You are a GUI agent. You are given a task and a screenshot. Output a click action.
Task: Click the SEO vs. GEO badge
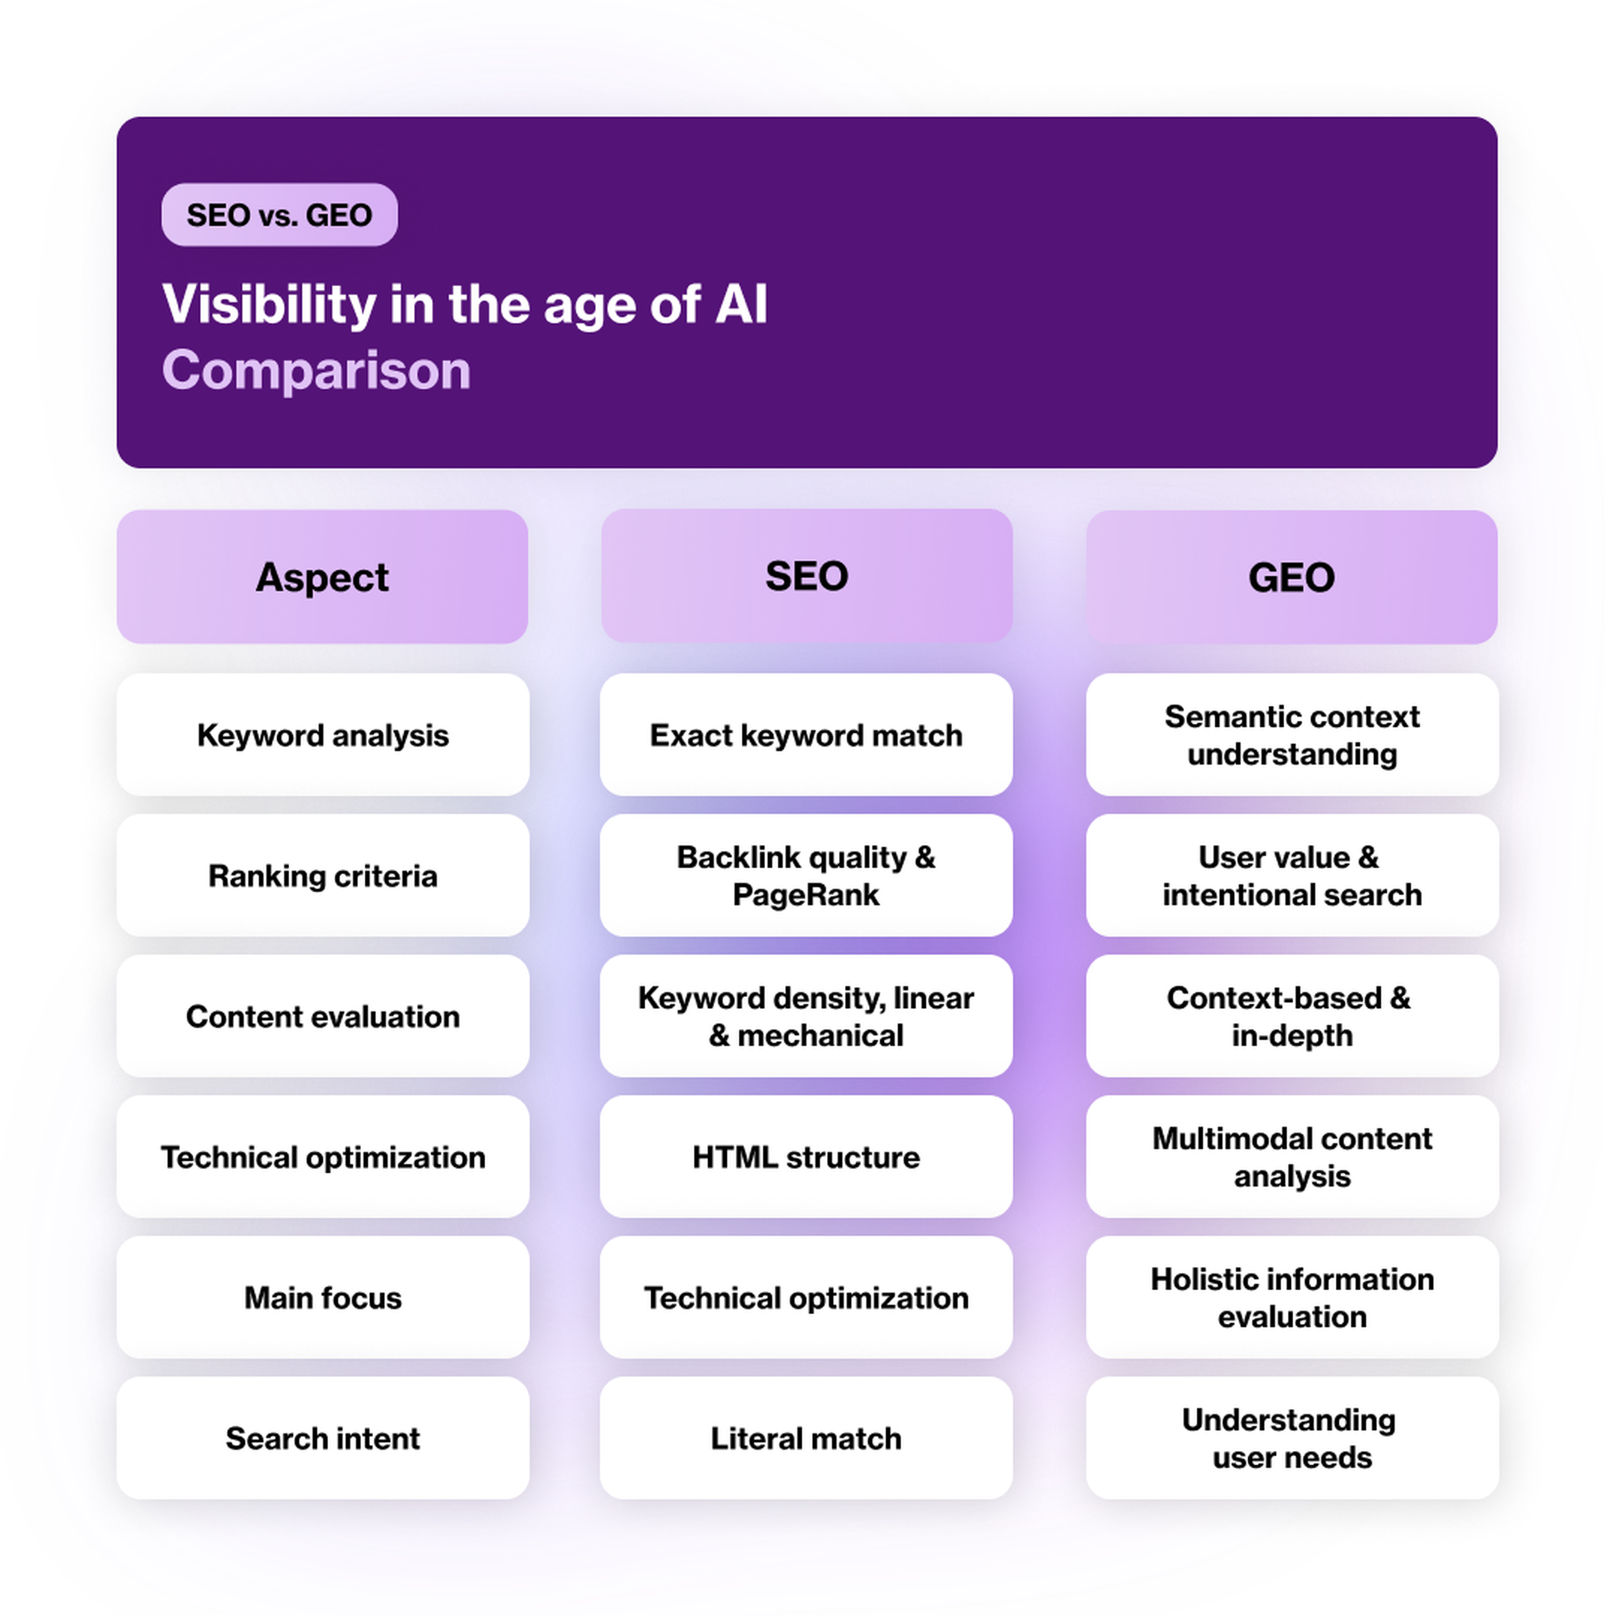279,215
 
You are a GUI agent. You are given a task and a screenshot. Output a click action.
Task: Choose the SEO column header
806,576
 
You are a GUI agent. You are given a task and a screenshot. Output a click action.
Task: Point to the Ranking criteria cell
323,876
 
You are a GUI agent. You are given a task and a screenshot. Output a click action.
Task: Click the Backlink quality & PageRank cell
806,876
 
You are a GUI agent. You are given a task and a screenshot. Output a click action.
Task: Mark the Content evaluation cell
323,1016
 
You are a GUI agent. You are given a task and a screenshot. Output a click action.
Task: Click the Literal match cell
806,1438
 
